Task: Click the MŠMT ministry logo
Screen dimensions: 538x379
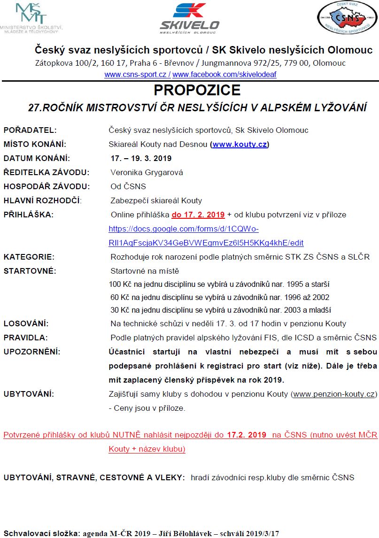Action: (31, 18)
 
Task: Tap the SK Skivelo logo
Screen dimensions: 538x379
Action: (189, 18)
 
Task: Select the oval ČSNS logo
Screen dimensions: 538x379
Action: (348, 18)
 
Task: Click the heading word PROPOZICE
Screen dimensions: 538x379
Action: (190, 90)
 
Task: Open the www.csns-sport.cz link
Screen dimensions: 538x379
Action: (136, 75)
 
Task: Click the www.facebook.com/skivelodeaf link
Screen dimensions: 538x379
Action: (224, 75)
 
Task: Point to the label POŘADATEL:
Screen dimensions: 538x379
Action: (30, 130)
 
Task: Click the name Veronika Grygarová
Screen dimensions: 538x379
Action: (147, 172)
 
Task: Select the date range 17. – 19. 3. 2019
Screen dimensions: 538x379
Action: (141, 158)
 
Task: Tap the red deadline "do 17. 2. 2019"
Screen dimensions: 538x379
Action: (198, 215)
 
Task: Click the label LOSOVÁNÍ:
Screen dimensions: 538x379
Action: (26, 323)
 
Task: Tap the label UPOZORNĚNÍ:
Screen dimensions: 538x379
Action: (32, 352)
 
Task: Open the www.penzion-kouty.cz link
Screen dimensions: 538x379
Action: (334, 394)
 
